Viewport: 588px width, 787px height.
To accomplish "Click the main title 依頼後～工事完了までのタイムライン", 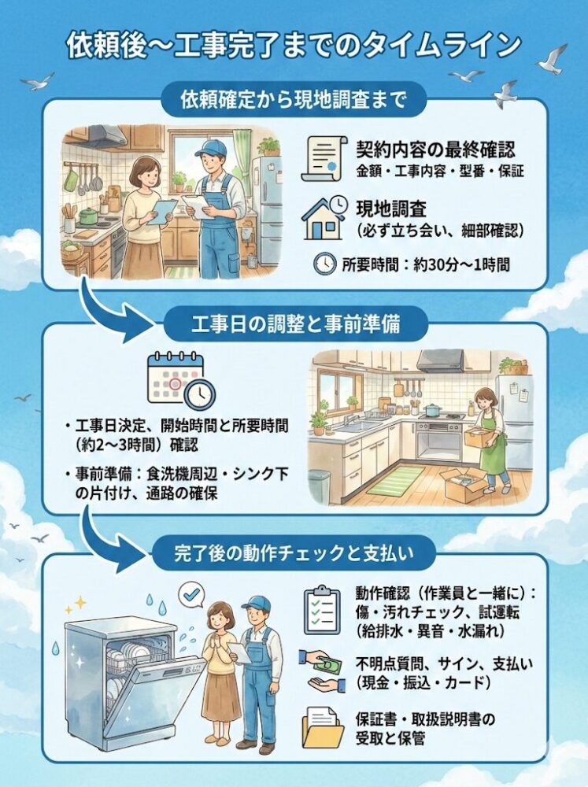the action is click(x=294, y=45).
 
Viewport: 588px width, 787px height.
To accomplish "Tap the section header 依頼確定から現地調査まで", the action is click(x=294, y=100).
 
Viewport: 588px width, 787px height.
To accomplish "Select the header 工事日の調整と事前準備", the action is click(x=296, y=324).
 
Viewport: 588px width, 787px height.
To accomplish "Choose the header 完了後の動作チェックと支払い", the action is click(x=294, y=552).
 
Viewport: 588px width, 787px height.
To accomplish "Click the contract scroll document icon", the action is click(x=324, y=159).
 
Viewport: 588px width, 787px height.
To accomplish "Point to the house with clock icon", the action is click(x=324, y=218).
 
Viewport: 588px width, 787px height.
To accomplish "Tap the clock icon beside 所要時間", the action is click(x=325, y=264).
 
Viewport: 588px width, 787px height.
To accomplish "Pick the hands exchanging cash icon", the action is click(x=322, y=671).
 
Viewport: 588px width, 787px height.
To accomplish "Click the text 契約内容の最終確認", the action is click(x=435, y=149).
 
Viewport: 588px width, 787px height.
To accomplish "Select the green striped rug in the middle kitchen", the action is click(x=396, y=480).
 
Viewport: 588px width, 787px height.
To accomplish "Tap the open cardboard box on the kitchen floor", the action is click(x=464, y=485).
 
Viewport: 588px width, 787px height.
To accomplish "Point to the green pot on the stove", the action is click(x=90, y=216).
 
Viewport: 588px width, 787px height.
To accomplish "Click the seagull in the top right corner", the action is click(x=554, y=59).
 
